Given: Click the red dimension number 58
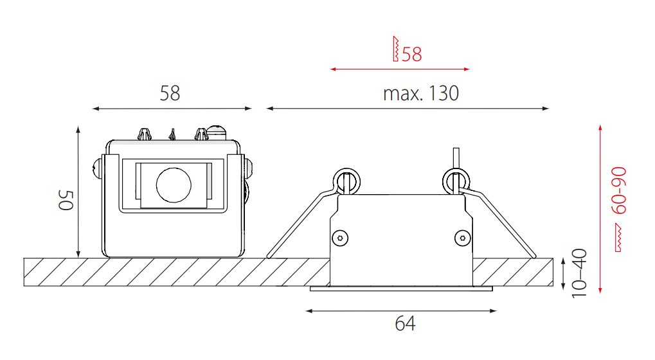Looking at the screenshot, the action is (x=412, y=54).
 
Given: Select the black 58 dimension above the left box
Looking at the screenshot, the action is (x=170, y=94).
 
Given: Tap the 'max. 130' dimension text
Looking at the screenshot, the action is (x=421, y=94).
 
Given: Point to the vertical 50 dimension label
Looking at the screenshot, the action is (x=66, y=200).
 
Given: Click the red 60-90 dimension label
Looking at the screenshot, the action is (x=619, y=190).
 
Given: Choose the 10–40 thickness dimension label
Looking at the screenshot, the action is (x=579, y=273).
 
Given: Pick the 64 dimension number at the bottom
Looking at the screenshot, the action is (x=405, y=323).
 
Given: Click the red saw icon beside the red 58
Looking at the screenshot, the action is (x=395, y=49).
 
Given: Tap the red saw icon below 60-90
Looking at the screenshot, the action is (x=618, y=238).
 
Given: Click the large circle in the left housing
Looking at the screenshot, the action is (x=174, y=184).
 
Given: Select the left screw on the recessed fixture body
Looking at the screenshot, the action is (x=340, y=238).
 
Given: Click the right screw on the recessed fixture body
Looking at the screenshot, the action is (x=462, y=238).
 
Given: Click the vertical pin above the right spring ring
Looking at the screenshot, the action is (x=456, y=158).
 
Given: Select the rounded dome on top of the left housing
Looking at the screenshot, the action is (x=217, y=132).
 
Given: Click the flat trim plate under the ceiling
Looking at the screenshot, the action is (x=402, y=289).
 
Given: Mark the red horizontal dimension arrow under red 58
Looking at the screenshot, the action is (x=400, y=69).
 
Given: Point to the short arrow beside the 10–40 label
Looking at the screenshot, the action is (x=563, y=274).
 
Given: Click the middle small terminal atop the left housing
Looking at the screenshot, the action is (x=172, y=134).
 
